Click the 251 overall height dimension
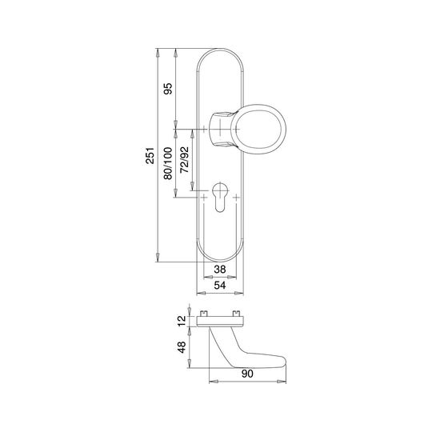click(150, 155)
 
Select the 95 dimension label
click(168, 89)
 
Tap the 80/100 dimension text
click(168, 163)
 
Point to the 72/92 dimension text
click(184, 160)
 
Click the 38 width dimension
click(220, 269)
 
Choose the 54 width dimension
click(220, 286)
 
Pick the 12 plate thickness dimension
click(182, 321)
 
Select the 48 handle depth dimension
click(182, 347)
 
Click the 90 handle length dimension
click(247, 374)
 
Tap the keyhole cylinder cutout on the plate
click(220, 197)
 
